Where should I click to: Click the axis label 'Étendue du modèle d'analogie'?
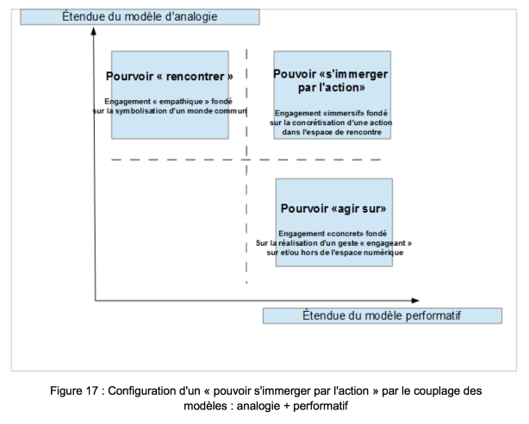(x=140, y=16)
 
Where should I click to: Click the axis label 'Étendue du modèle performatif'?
(x=382, y=315)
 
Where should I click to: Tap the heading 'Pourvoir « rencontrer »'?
(x=170, y=77)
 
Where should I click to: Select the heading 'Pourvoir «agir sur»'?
(x=333, y=209)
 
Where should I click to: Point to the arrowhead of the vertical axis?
(x=94, y=31)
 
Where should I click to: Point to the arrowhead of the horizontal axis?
(x=415, y=300)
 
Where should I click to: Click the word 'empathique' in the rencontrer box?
(x=181, y=102)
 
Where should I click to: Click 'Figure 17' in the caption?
(x=74, y=391)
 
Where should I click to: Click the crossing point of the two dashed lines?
(x=246, y=159)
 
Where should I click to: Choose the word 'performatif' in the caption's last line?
(x=321, y=406)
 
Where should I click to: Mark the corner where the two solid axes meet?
(x=95, y=300)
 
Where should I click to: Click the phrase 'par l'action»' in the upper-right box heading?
(x=332, y=87)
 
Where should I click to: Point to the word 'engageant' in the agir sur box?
(x=386, y=243)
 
